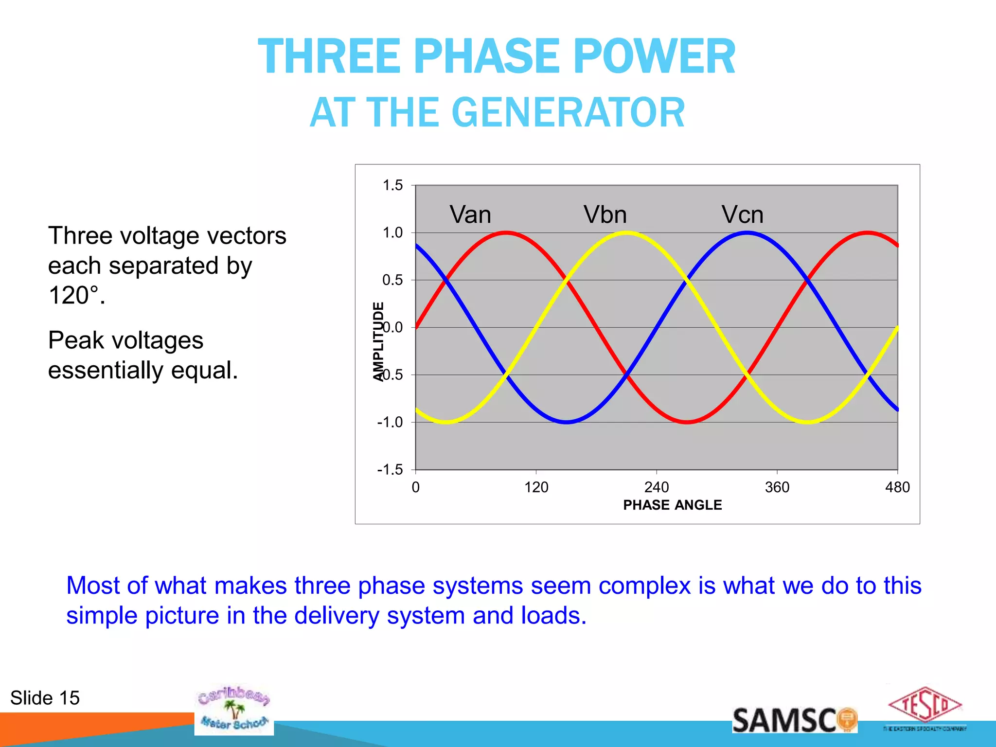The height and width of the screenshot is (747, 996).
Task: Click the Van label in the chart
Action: pos(470,214)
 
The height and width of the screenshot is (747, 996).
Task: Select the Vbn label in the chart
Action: pos(605,214)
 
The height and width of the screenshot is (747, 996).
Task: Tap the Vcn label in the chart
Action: pos(742,214)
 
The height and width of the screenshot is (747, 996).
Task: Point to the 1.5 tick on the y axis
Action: pos(392,185)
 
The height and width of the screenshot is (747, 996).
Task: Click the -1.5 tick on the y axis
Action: pos(390,470)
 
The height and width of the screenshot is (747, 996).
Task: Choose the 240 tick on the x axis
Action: pos(657,487)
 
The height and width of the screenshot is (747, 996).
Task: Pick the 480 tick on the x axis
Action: pos(897,487)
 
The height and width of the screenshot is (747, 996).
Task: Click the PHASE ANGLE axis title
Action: pos(672,505)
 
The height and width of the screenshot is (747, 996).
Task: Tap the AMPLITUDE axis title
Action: pos(378,341)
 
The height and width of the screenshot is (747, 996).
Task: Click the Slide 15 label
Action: pos(45,698)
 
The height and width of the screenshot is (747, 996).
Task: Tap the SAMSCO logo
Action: pos(794,720)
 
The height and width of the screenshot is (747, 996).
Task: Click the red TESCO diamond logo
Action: pos(925,705)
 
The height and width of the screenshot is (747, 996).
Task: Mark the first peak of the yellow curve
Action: pos(626,233)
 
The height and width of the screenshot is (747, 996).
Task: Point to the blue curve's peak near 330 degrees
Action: pos(747,233)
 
